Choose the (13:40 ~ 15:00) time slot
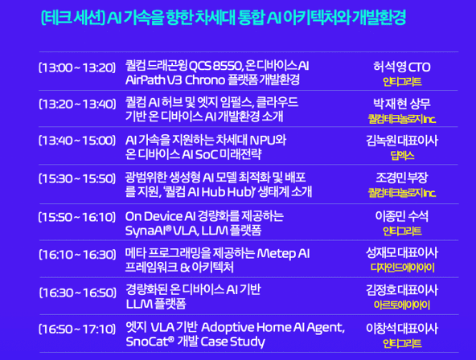tap(77, 141)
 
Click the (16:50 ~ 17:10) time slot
tap(77, 328)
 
